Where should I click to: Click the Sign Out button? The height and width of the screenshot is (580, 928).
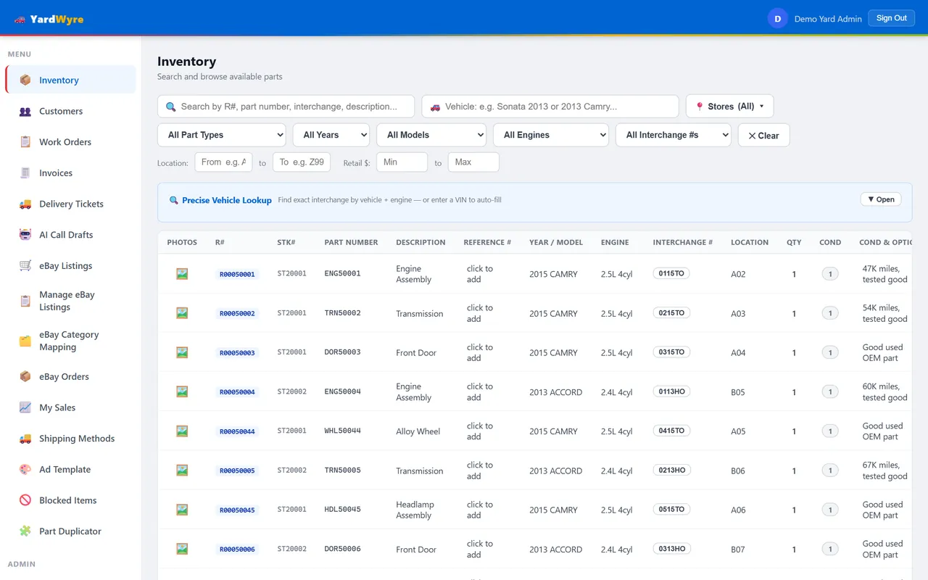pyautogui.click(x=891, y=18)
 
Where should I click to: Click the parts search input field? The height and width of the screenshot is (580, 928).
pyautogui.click(x=286, y=107)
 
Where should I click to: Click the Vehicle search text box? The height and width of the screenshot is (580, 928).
pyautogui.click(x=550, y=107)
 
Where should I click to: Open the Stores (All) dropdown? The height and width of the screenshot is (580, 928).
pyautogui.click(x=729, y=107)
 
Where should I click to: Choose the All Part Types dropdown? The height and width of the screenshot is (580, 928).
pyautogui.click(x=222, y=135)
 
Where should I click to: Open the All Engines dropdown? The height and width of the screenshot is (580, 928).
pyautogui.click(x=550, y=135)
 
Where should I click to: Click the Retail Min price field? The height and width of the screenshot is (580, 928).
pyautogui.click(x=402, y=162)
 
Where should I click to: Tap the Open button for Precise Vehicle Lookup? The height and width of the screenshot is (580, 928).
pyautogui.click(x=881, y=199)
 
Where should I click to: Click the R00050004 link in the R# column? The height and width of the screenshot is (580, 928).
pyautogui.click(x=237, y=392)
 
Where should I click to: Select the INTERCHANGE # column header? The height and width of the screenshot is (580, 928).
pyautogui.click(x=683, y=242)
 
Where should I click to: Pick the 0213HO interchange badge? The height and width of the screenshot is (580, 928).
pyautogui.click(x=671, y=471)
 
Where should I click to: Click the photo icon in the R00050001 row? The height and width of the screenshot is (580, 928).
pyautogui.click(x=182, y=274)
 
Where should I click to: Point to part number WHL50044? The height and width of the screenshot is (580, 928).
pyautogui.click(x=343, y=431)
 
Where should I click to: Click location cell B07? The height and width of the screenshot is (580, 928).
pyautogui.click(x=738, y=550)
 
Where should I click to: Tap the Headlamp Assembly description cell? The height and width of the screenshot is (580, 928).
pyautogui.click(x=415, y=510)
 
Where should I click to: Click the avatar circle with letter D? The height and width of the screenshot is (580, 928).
pyautogui.click(x=778, y=19)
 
